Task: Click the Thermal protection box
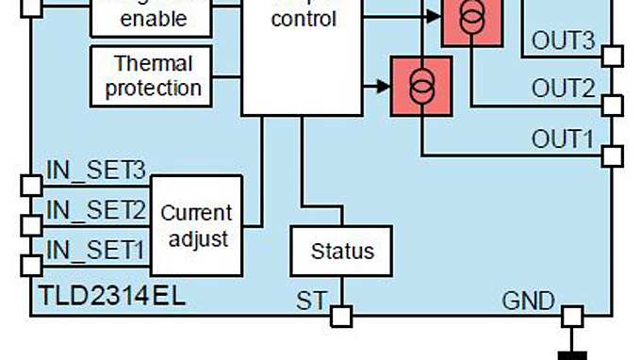[x=152, y=76]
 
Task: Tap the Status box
[x=341, y=251]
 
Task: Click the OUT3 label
[x=563, y=41]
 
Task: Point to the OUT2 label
[x=563, y=89]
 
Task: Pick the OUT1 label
[x=563, y=139]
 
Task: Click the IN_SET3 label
[x=95, y=171]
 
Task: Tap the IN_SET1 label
[x=95, y=250]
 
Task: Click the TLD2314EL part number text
[x=112, y=296]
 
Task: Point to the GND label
[x=528, y=302]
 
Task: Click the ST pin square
[x=341, y=316]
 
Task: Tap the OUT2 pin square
[x=612, y=105]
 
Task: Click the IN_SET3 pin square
[x=31, y=185]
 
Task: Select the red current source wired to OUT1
[x=421, y=87]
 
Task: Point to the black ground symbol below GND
[x=572, y=354]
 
